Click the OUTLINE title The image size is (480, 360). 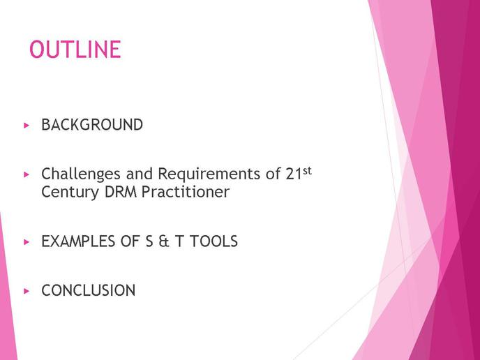pyautogui.click(x=75, y=50)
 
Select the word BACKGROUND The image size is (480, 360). pyautogui.click(x=92, y=125)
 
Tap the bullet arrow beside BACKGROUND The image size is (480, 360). pyautogui.click(x=27, y=125)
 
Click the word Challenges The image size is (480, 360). pyautogui.click(x=81, y=174)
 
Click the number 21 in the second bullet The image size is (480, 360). pyautogui.click(x=294, y=174)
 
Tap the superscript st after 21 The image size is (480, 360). pyautogui.click(x=307, y=170)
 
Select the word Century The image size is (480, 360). pyautogui.click(x=70, y=193)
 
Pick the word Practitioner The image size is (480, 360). pyautogui.click(x=186, y=192)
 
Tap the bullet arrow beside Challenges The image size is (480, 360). pyautogui.click(x=27, y=174)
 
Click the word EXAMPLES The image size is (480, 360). pyautogui.click(x=78, y=241)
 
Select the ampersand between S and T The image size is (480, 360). pyautogui.click(x=164, y=241)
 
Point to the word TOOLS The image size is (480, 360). pyautogui.click(x=213, y=241)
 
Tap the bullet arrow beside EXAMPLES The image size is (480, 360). pyautogui.click(x=27, y=242)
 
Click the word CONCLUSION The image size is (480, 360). pyautogui.click(x=89, y=290)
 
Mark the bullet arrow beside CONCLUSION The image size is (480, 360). pyautogui.click(x=27, y=291)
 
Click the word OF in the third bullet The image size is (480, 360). pyautogui.click(x=130, y=241)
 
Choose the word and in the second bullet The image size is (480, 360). pyautogui.click(x=140, y=174)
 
